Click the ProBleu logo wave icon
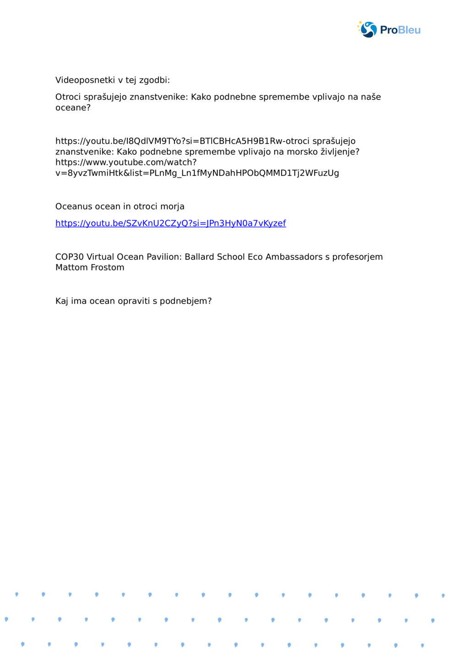coord(368,30)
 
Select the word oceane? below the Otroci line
coord(73,108)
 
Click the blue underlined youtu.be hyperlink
coord(170,223)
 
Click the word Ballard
coord(199,257)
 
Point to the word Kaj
coord(62,301)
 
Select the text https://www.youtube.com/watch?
coord(126,162)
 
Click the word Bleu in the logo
coord(409,30)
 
